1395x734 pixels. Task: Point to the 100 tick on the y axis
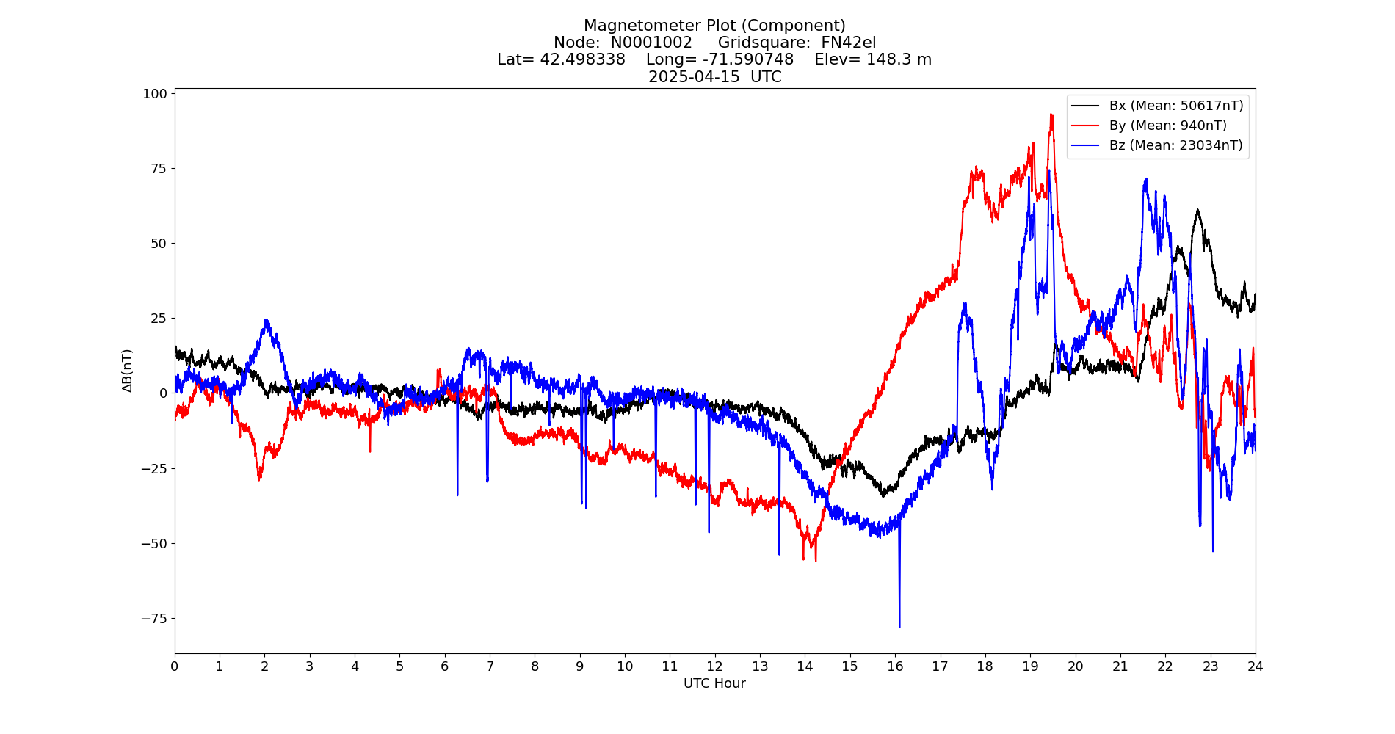(x=155, y=94)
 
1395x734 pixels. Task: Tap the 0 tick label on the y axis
(x=163, y=393)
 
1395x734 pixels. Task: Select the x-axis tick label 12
(x=714, y=666)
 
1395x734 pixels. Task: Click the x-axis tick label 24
(x=1255, y=666)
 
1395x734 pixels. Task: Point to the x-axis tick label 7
(x=490, y=666)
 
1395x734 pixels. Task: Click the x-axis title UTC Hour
(x=714, y=683)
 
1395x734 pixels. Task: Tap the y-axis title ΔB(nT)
(x=128, y=371)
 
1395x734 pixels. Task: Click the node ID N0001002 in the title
(x=651, y=43)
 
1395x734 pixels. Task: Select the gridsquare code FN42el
(x=848, y=43)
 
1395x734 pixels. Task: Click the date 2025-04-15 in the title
(x=694, y=77)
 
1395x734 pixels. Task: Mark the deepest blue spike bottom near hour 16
(x=899, y=627)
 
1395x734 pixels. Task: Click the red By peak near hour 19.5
(x=1051, y=115)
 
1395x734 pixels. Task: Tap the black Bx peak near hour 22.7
(x=1197, y=211)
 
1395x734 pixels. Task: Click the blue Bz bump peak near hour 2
(x=266, y=321)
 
